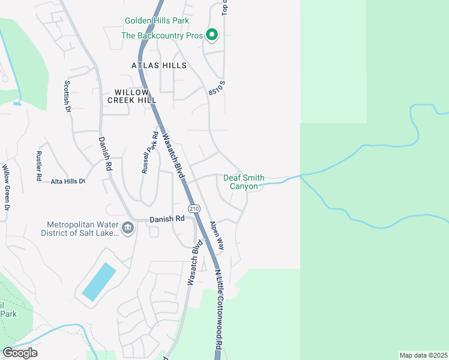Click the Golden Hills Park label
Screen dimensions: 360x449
coord(157,20)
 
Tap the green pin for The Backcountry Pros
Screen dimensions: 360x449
coord(211,35)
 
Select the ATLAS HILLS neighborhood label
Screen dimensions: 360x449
coord(159,65)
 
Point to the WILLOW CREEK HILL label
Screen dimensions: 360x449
coord(131,96)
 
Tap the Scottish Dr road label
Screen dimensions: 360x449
coord(68,97)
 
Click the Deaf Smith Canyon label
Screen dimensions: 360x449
coord(244,182)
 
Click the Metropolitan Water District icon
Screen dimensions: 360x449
coord(128,228)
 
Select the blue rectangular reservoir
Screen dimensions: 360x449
coord(98,282)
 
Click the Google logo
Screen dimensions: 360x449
coord(20,353)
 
